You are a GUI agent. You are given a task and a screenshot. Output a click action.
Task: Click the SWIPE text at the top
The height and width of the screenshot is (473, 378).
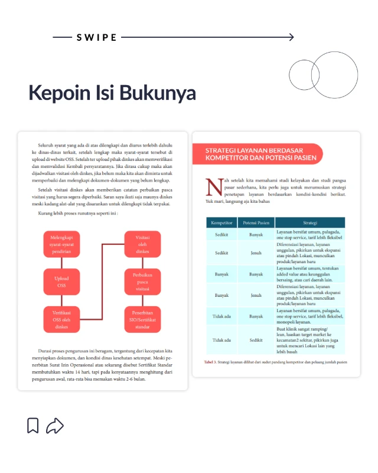pyautogui.click(x=97, y=37)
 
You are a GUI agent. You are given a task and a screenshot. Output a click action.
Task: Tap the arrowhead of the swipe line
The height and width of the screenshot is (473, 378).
pyautogui.click(x=291, y=37)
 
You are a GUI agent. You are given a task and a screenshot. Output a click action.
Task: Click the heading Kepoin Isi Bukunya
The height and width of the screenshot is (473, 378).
pyautogui.click(x=112, y=93)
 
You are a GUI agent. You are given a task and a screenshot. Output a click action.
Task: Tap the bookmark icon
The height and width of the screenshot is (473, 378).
pyautogui.click(x=33, y=425)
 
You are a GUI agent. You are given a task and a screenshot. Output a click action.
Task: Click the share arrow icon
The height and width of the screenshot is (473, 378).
pyautogui.click(x=55, y=425)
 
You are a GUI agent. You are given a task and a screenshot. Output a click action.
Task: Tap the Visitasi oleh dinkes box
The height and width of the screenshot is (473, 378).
pyautogui.click(x=142, y=244)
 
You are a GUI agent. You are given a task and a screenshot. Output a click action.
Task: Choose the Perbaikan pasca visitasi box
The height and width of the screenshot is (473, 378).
pyautogui.click(x=142, y=281)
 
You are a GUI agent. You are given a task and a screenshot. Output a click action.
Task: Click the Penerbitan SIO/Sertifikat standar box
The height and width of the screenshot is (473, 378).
pyautogui.click(x=142, y=319)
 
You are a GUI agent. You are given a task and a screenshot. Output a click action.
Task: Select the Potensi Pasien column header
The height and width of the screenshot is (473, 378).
pyautogui.click(x=256, y=223)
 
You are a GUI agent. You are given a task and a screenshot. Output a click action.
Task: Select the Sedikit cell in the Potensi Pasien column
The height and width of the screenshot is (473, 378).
pyautogui.click(x=256, y=340)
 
